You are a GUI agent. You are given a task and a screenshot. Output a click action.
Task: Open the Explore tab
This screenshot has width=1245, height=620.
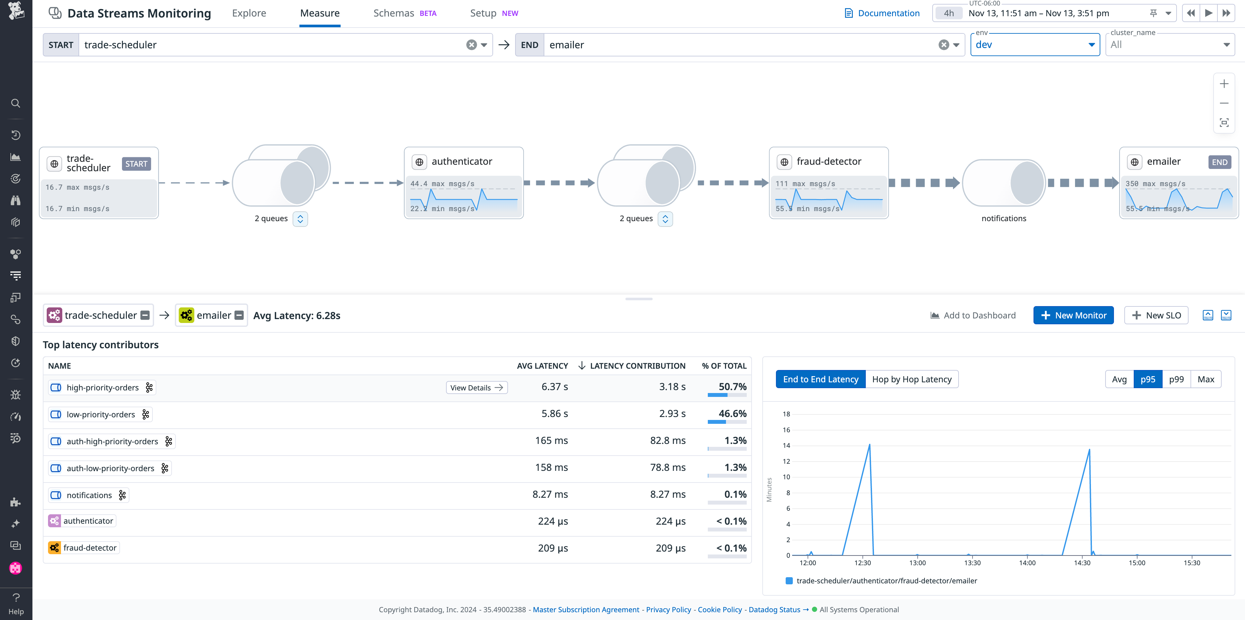[249, 13]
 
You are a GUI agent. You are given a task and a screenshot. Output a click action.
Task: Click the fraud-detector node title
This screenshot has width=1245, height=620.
[828, 161]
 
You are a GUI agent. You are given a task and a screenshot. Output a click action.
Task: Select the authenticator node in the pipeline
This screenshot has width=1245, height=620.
[462, 161]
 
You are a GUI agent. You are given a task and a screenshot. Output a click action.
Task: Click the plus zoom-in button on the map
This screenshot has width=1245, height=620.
[1224, 84]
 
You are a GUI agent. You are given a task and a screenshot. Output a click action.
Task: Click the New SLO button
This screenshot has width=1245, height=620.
[1156, 315]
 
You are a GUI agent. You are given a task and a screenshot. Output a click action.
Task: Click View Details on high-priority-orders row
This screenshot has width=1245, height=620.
[476, 387]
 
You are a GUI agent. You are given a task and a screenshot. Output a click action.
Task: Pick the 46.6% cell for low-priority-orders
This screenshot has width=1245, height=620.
[732, 414]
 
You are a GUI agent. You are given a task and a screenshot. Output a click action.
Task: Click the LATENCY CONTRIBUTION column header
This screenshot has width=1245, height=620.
[637, 366]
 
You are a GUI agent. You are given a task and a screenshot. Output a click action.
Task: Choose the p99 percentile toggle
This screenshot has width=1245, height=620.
[1176, 379]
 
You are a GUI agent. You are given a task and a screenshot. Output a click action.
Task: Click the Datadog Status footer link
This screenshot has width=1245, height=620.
[774, 609]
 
